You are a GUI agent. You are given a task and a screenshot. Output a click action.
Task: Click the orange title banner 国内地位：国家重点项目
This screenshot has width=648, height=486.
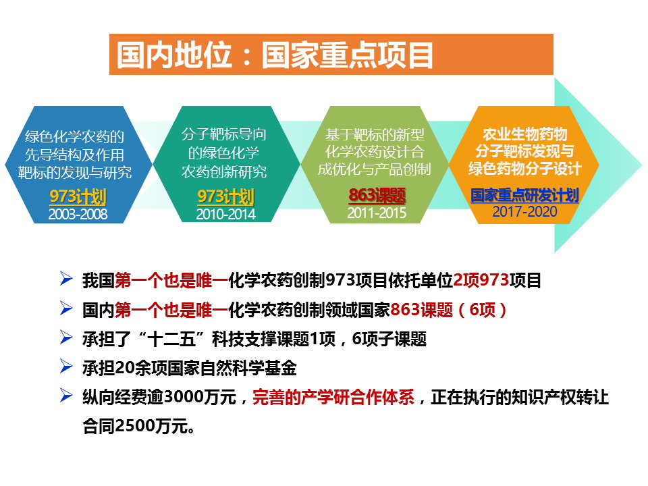pos(331,54)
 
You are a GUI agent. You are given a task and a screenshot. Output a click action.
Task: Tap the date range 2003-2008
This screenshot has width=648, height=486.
pos(78,214)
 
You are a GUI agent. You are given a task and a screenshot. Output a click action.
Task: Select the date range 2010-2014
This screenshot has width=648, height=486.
pos(225,214)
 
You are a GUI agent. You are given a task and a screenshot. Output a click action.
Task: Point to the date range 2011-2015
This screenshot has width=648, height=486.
pos(377,213)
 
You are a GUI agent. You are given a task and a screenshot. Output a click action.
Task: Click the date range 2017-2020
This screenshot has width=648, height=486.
pos(525,211)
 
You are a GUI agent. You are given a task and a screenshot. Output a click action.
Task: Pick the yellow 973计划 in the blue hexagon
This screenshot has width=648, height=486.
pos(78,196)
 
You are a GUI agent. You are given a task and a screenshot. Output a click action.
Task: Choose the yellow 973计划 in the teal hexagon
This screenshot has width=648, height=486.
pos(225,196)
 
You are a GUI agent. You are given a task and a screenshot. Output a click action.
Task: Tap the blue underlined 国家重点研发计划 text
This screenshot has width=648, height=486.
pos(524,195)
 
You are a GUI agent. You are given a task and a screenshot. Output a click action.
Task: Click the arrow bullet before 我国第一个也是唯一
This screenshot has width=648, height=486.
pos(66,279)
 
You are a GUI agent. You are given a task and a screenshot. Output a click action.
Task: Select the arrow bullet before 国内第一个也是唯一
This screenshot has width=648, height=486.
pos(66,308)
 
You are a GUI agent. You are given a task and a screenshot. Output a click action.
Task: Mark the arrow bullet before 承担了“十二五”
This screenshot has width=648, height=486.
pos(66,337)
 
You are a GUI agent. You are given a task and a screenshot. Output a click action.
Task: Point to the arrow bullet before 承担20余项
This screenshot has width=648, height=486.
pos(66,366)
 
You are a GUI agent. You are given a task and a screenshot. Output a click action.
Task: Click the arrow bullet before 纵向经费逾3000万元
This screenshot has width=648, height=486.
pos(66,396)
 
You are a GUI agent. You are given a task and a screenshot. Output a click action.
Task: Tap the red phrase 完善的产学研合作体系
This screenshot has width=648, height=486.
pos(333,398)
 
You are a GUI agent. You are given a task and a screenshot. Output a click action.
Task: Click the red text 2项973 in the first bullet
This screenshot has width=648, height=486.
pos(481,281)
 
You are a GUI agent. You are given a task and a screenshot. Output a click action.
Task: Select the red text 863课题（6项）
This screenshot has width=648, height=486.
pos(448,310)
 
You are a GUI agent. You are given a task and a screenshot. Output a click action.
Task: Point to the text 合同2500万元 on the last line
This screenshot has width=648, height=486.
pos(139,426)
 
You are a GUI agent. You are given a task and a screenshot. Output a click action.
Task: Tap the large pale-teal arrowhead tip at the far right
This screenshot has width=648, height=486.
pos(641,165)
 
